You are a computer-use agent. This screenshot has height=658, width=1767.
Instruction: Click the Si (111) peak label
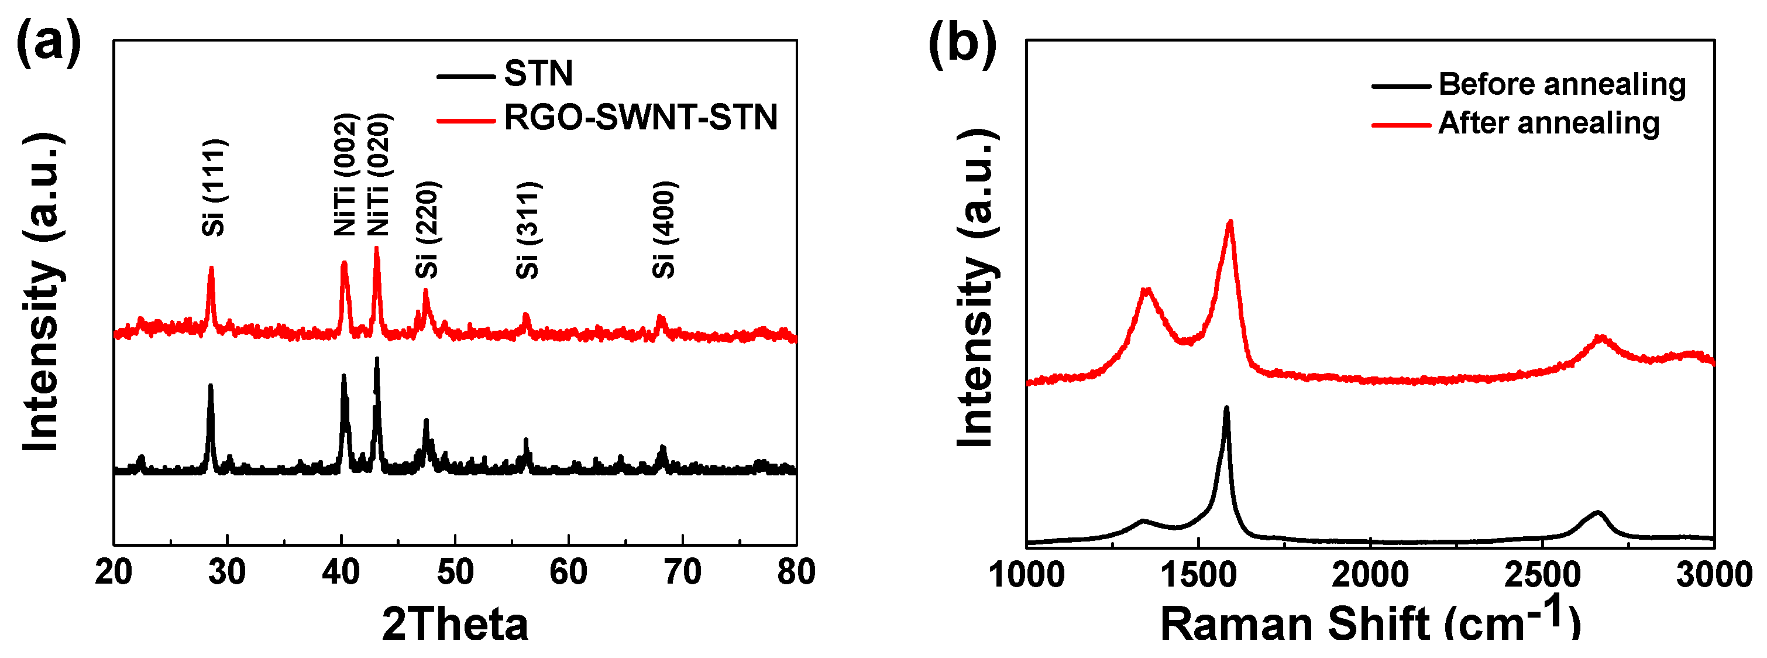point(214,187)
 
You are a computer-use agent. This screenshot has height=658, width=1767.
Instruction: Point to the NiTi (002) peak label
point(345,175)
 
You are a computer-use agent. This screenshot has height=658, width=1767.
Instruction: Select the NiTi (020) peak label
point(378,175)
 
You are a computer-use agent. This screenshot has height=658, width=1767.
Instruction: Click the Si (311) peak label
point(528,230)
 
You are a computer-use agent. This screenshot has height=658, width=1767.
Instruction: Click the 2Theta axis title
point(455,625)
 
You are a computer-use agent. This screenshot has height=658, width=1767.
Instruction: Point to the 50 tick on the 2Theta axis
point(455,571)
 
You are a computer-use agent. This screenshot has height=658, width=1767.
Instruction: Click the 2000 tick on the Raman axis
point(1370,574)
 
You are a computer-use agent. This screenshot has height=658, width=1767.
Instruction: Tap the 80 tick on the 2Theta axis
point(796,571)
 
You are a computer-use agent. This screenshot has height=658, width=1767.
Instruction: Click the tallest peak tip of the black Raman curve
point(1226,408)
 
